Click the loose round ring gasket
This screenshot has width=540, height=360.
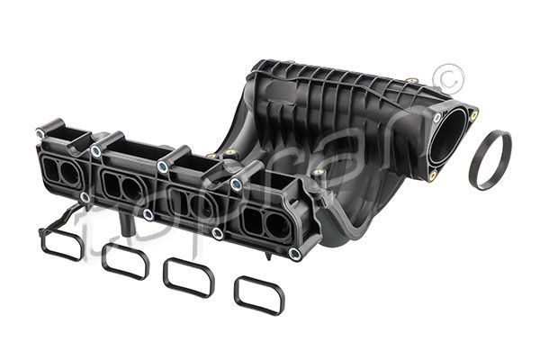490,160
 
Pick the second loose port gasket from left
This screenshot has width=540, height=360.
124,259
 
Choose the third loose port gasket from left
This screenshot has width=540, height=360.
188,276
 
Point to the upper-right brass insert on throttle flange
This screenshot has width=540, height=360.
474,114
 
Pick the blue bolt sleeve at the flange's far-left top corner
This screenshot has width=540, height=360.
40,133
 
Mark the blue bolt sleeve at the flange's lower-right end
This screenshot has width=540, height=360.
294,254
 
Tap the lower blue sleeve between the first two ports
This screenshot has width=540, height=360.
85,196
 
